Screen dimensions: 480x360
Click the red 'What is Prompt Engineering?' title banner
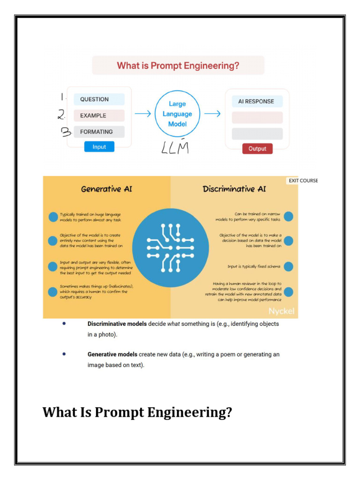tap(178, 66)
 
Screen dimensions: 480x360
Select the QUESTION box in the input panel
tap(99, 99)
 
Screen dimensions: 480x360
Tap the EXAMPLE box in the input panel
tap(99, 115)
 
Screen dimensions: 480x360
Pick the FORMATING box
tap(99, 132)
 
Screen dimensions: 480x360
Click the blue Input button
tap(99, 147)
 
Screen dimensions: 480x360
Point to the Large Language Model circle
tap(177, 114)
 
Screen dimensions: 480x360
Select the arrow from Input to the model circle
tap(142, 113)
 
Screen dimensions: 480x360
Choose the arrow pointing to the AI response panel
tap(212, 113)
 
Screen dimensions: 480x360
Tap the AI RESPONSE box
tap(257, 101)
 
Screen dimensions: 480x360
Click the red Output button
tap(257, 149)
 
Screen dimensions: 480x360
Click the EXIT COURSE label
tap(303, 180)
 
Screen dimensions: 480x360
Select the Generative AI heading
tap(106, 189)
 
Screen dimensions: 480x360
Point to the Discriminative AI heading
tap(234, 189)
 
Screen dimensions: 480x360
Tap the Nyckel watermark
tap(281, 311)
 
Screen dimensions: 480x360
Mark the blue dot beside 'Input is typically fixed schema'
tap(288, 266)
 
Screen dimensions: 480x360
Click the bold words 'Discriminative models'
tap(117, 324)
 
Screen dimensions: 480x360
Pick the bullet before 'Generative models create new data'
tap(64, 354)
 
